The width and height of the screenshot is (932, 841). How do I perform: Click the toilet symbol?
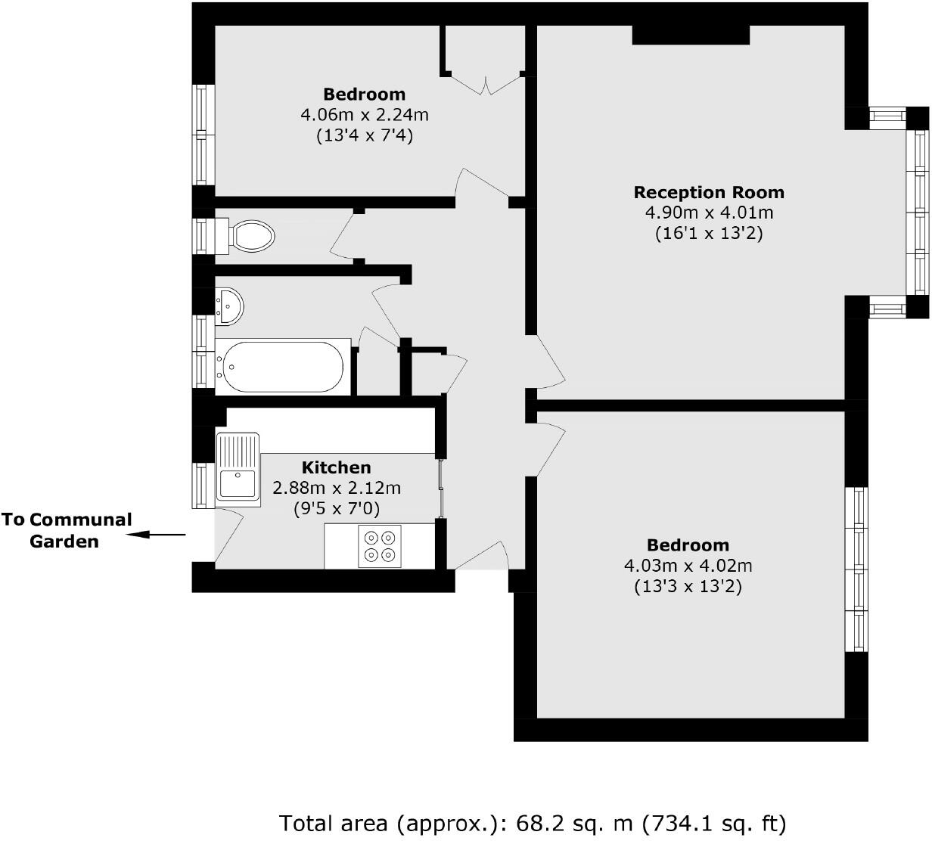pos(247,236)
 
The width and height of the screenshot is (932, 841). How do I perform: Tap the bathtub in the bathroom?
pos(284,367)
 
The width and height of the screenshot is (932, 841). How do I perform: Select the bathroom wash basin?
pos(228,306)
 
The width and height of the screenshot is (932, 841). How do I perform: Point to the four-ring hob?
pos(380,546)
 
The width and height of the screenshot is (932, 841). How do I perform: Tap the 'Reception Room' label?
pos(709,192)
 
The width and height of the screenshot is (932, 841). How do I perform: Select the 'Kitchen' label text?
pos(337,467)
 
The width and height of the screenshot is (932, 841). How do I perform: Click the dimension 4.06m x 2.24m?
pos(365,116)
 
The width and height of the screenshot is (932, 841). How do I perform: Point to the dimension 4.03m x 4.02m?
pos(688,566)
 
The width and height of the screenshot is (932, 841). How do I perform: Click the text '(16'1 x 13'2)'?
pos(709,234)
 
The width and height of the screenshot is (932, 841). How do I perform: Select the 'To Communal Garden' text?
pos(66,530)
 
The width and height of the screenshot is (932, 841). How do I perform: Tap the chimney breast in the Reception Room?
pos(691,35)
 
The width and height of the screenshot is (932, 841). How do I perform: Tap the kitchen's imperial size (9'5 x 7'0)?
pos(337,509)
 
